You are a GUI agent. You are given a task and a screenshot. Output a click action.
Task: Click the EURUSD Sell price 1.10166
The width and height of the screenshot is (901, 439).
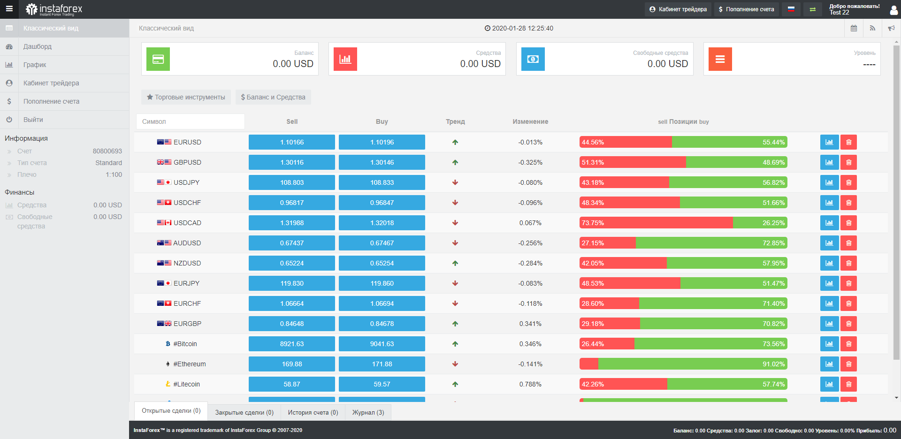[291, 142]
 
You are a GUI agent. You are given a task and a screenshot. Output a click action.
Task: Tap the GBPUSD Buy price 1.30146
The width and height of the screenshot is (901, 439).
[382, 162]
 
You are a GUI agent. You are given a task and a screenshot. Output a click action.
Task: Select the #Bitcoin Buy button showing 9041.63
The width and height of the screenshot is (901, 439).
[382, 344]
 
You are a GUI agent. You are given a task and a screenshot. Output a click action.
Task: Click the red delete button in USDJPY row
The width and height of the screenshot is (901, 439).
[848, 182]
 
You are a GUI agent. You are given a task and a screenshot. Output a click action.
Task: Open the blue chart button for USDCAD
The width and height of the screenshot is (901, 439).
[829, 223]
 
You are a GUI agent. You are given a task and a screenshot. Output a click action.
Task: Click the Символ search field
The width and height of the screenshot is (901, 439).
[191, 121]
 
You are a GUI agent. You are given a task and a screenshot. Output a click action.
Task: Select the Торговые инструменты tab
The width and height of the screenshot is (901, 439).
[186, 97]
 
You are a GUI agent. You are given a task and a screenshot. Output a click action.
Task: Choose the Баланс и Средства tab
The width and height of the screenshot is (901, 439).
[273, 97]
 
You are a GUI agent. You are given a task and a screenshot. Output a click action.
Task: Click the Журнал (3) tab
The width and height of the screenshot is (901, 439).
[368, 413]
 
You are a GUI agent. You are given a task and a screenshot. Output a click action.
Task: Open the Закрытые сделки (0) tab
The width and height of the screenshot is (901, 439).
[244, 413]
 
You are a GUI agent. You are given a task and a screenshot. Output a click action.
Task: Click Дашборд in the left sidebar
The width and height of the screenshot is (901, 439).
[38, 46]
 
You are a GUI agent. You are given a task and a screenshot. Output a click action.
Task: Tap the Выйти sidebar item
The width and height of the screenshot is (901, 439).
[33, 120]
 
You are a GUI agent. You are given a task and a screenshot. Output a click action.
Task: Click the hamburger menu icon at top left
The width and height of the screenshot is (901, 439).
[9, 9]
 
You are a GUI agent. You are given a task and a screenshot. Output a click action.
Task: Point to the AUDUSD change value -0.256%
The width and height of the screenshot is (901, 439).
[530, 243]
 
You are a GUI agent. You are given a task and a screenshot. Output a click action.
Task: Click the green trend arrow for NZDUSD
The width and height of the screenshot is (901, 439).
[455, 263]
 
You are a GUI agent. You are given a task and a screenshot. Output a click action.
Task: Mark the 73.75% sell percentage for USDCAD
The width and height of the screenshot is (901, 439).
[593, 223]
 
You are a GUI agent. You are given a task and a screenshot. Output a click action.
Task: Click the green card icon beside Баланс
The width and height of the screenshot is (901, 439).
[158, 59]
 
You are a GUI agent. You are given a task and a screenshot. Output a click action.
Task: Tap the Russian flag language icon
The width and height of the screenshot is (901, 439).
[791, 9]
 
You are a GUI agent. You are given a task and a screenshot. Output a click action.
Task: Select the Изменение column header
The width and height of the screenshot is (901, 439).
[530, 121]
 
